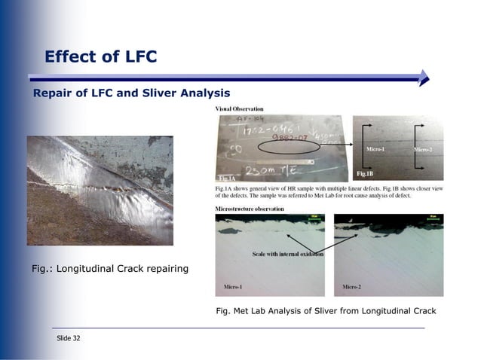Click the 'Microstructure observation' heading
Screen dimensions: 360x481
(250, 207)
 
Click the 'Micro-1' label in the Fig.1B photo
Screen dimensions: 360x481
(375, 150)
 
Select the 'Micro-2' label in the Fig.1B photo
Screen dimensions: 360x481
(422, 150)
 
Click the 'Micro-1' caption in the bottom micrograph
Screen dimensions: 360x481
(233, 287)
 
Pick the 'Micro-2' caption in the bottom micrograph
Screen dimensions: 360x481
(351, 287)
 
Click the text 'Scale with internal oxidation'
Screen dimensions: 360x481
(287, 255)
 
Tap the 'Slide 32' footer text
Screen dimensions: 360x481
(69, 338)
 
